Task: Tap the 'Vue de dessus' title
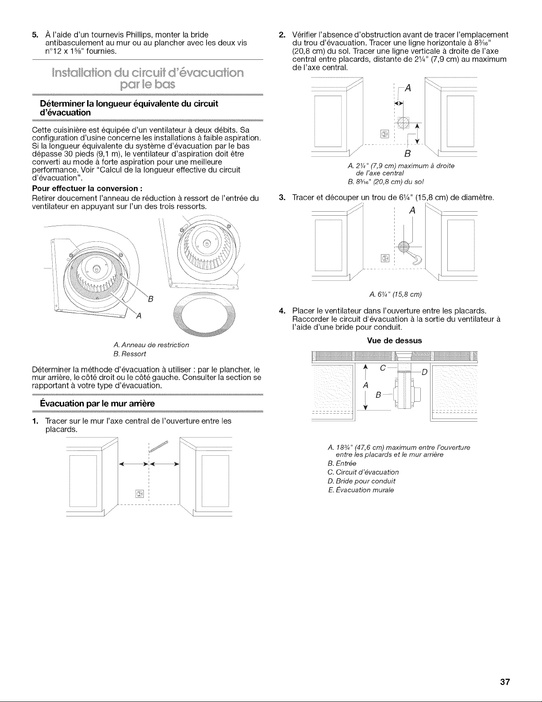(x=394, y=341)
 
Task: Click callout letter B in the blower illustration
(x=150, y=299)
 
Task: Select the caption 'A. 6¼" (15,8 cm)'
(x=394, y=294)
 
